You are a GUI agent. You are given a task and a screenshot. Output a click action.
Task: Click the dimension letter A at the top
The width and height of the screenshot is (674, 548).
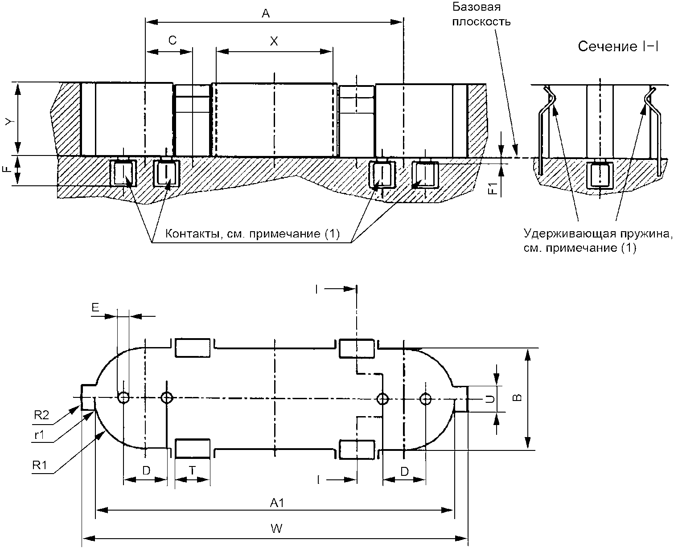[x=266, y=13]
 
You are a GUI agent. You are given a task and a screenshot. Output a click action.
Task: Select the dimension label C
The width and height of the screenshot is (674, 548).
[x=173, y=41]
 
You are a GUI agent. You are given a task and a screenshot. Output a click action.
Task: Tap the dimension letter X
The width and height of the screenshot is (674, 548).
[x=274, y=41]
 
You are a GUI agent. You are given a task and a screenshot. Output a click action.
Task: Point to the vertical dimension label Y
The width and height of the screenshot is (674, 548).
[x=9, y=121]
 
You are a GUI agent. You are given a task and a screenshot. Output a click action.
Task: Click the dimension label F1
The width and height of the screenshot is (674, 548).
[x=493, y=188]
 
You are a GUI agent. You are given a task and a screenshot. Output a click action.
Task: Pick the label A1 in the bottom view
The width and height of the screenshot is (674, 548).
[x=277, y=503]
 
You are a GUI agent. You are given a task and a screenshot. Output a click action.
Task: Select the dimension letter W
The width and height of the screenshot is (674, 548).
[x=276, y=528]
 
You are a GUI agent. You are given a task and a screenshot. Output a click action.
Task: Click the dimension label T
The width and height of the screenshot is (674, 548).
[x=192, y=470]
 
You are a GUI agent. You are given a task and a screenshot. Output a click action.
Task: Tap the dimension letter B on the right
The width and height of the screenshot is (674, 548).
[x=517, y=398]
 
